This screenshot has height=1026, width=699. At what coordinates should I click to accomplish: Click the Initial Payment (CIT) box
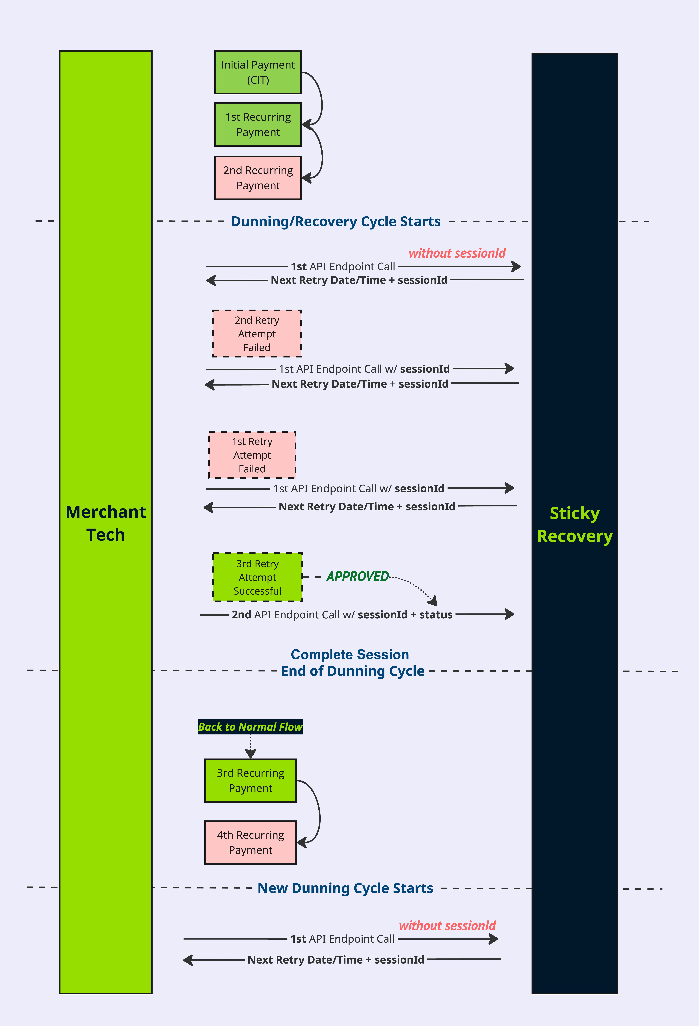point(258,72)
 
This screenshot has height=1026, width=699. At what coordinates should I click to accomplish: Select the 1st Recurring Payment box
point(258,124)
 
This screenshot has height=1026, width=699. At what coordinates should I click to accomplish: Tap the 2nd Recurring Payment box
point(258,178)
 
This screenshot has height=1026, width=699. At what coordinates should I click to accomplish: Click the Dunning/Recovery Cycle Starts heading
point(336,221)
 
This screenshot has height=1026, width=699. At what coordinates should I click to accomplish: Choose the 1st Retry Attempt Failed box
point(252,455)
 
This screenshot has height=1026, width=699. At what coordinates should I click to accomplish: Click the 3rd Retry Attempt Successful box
point(258,577)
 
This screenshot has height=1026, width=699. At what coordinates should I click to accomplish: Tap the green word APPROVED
point(358,577)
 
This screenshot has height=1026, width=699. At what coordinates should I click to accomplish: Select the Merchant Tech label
point(106,523)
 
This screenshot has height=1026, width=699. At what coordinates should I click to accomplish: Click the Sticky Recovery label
point(575,524)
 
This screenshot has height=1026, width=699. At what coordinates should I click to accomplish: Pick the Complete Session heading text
point(350,654)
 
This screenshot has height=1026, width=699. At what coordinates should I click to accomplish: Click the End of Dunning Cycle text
point(353,671)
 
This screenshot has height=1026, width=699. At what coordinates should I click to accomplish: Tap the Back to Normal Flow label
point(250,727)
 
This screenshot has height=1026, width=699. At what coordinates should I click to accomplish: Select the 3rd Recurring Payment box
point(250,781)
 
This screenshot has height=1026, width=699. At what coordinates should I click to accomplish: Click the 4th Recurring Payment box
point(250,842)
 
